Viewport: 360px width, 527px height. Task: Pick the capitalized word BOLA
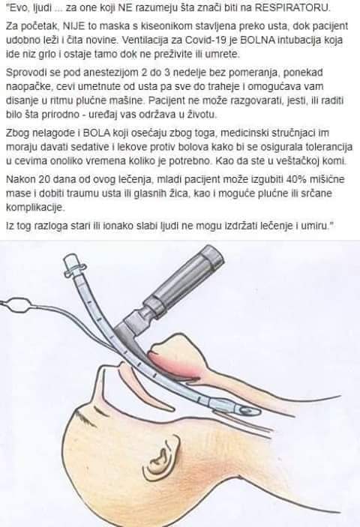97,133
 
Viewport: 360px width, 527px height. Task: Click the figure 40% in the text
296,179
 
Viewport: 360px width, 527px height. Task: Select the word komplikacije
34,208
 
